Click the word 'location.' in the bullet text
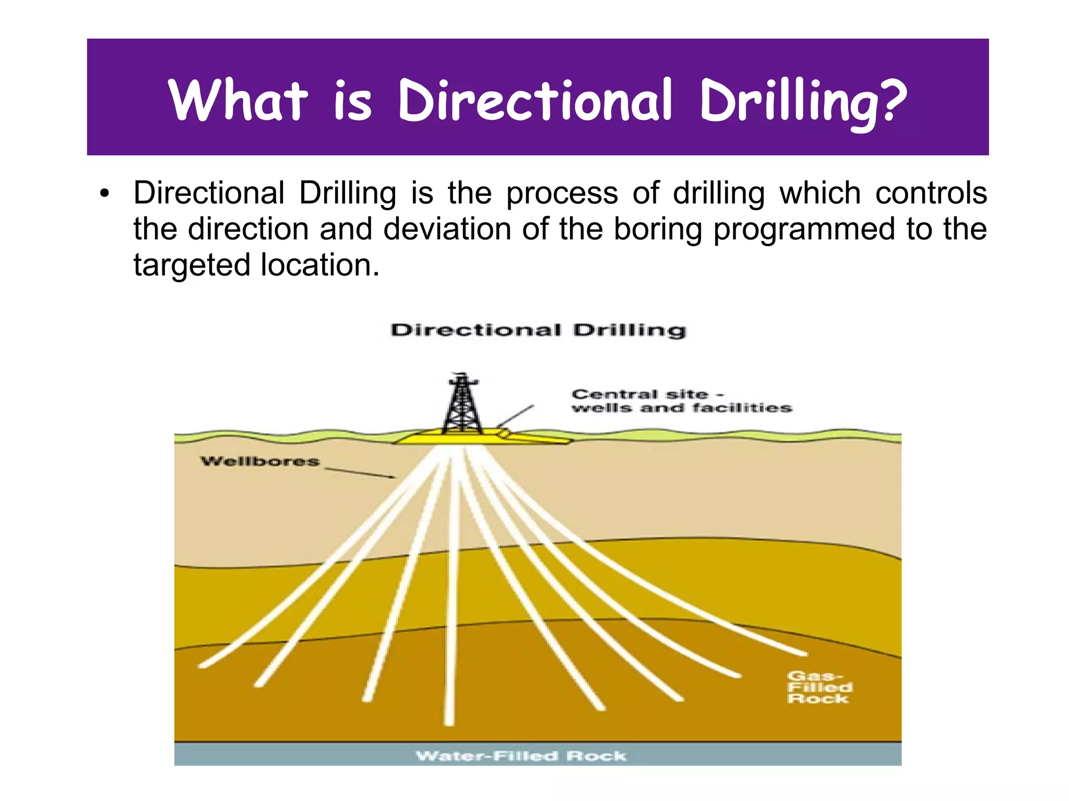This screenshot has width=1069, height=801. point(320,265)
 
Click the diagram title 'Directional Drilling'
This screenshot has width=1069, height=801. point(538,330)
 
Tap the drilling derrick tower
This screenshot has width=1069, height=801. point(461,404)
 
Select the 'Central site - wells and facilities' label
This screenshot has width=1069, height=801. point(681,401)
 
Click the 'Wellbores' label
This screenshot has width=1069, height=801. point(260,461)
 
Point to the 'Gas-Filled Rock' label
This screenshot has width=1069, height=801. point(819,687)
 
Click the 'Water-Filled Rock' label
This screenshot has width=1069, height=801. point(521,756)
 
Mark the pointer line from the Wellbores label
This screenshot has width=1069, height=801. point(360,472)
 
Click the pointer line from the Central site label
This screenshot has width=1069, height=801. point(515,416)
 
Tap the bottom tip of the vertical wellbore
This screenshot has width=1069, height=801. point(449,722)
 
